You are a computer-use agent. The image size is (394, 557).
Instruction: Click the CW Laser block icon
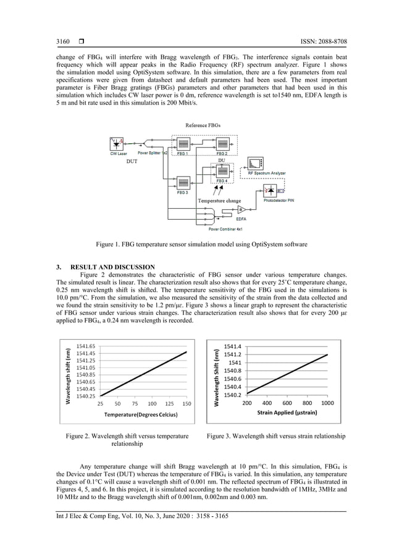coord(117,144)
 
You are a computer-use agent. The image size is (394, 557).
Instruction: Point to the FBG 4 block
coord(222,171)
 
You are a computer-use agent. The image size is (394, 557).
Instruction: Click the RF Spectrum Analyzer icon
coord(255,163)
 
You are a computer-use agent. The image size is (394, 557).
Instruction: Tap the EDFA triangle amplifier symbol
coord(241,209)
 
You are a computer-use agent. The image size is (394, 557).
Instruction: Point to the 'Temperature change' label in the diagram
coord(219,201)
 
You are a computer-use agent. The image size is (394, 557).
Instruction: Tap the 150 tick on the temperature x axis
coord(187,404)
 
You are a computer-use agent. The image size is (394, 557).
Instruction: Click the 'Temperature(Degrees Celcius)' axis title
coord(141,414)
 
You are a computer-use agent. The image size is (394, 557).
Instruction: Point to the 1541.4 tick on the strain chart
coord(233,346)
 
